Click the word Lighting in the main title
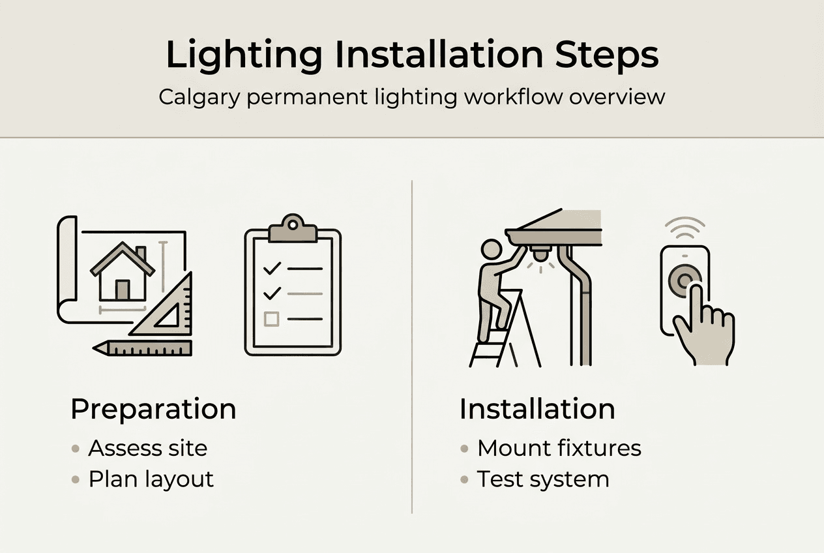(x=244, y=56)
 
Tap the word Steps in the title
(x=607, y=56)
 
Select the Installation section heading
(x=537, y=409)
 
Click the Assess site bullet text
(x=148, y=448)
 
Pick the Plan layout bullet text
(x=151, y=480)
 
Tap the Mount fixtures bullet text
(x=559, y=448)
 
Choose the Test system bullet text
(x=543, y=480)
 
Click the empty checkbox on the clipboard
(x=271, y=319)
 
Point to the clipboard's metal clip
(x=293, y=228)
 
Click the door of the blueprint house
(x=123, y=290)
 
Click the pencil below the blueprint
(x=142, y=348)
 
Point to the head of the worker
(x=492, y=250)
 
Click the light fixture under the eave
(x=541, y=254)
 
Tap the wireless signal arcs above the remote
(x=685, y=227)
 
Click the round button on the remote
(x=684, y=281)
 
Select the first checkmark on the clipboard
(x=272, y=269)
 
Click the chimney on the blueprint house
(x=141, y=254)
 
